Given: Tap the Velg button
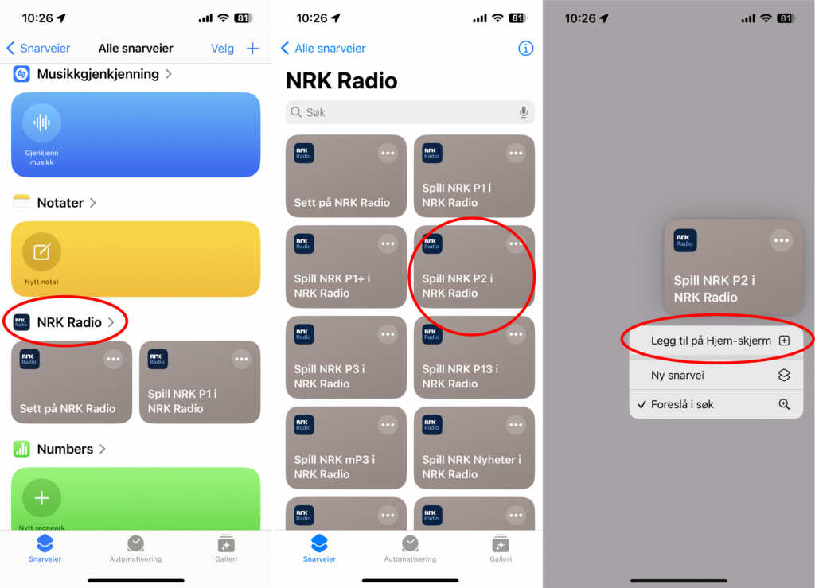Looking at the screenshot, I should [222, 49].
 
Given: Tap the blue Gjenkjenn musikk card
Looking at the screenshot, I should [135, 134].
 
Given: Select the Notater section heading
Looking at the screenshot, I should [60, 203].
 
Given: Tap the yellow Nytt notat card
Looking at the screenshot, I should [135, 259].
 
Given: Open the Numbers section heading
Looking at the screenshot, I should [64, 449].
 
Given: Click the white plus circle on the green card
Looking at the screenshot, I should [41, 498].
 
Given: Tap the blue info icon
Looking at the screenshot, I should [525, 49].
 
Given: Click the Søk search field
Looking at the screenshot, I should [402, 113].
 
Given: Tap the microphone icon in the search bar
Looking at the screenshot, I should [524, 113].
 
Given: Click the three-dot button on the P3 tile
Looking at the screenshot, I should [388, 335].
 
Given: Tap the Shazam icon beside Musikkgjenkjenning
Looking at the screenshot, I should [21, 74].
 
